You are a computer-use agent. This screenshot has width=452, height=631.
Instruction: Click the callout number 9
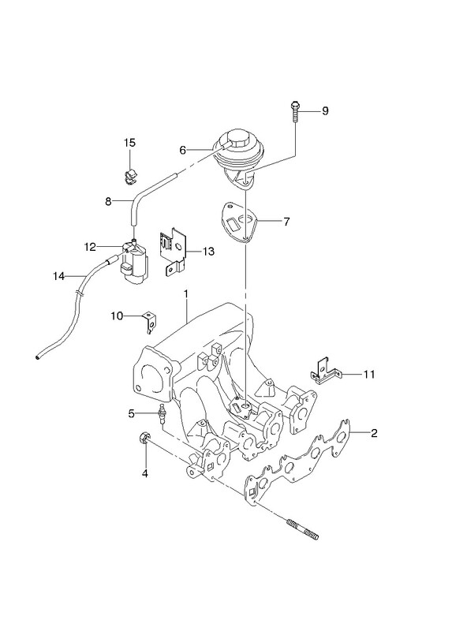pos(325,110)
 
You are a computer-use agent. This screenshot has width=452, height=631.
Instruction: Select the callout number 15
pos(129,143)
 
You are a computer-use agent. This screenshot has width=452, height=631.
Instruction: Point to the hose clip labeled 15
pos(129,177)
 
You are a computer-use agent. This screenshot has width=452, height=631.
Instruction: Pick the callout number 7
pos(286,222)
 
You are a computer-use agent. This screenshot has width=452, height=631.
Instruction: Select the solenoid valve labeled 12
pos(134,262)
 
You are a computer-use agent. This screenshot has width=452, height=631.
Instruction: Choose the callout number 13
pos(208,252)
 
